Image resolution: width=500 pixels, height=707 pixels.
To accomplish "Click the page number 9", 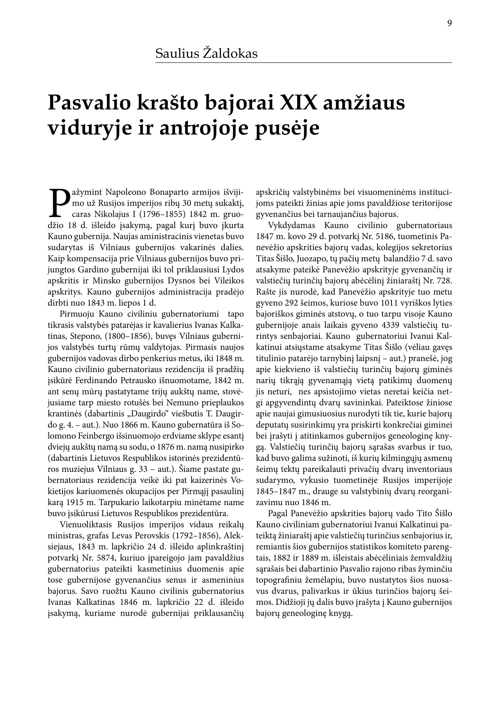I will point(450,23).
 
